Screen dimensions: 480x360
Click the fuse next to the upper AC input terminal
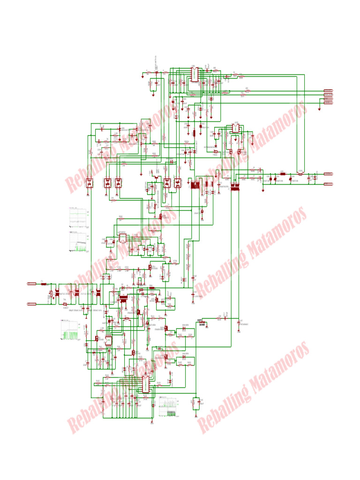click(43, 284)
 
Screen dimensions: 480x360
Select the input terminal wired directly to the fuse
click(31, 284)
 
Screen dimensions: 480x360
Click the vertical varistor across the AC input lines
click(51, 295)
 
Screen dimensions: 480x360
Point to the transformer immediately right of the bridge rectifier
click(124, 297)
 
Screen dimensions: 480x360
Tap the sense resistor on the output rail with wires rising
click(300, 173)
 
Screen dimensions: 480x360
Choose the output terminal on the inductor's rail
click(328, 173)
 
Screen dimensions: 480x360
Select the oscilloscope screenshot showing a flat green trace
click(78, 215)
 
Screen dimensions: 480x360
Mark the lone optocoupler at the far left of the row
click(89, 183)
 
